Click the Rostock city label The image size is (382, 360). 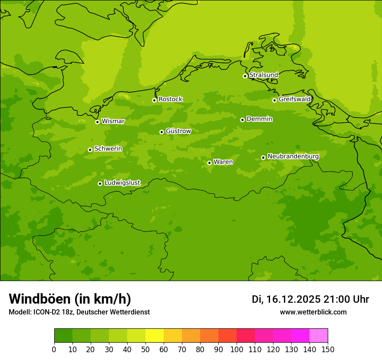(x=170, y=99)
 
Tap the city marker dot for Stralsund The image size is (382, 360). (x=245, y=76)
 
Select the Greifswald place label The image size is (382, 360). (x=294, y=99)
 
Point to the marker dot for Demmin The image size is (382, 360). (x=242, y=120)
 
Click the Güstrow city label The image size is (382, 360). (x=178, y=131)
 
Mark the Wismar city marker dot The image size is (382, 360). (x=97, y=122)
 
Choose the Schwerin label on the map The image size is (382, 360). (x=108, y=149)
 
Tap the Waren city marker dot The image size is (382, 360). (x=209, y=163)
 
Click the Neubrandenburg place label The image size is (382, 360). (x=293, y=157)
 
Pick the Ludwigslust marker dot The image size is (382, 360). (x=100, y=183)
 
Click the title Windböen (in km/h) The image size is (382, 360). (x=70, y=299)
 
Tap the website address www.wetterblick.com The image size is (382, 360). (x=313, y=312)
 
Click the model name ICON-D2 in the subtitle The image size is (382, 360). (x=45, y=312)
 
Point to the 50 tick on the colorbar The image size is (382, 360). (x=145, y=349)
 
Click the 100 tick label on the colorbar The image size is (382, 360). (x=237, y=349)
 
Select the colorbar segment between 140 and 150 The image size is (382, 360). (x=319, y=336)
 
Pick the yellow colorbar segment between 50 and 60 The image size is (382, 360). (x=155, y=336)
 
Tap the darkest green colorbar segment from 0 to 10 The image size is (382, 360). (x=63, y=336)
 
